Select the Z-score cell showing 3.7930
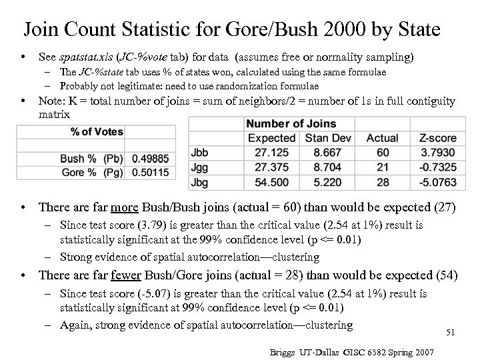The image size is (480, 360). coord(437,152)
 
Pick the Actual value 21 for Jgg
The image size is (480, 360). coord(381,167)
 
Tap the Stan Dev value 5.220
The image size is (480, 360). coord(327,181)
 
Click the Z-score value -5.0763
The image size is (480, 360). coord(437,181)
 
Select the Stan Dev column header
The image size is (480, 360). coord(327,138)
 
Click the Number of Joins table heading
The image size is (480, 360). coord(291,124)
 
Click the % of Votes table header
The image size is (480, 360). coord(97,131)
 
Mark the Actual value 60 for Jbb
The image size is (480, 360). coord(381,152)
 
